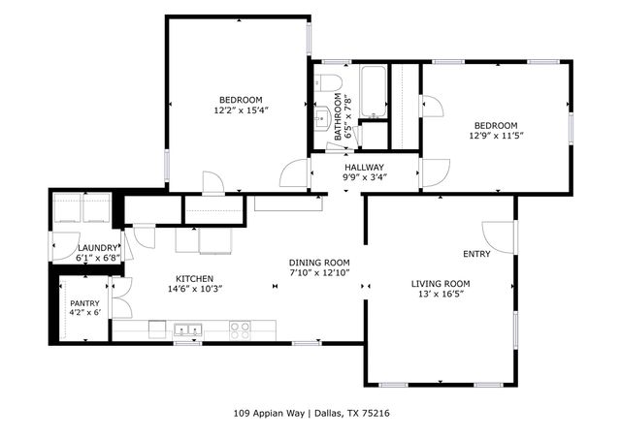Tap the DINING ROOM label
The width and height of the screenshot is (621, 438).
tap(319, 263)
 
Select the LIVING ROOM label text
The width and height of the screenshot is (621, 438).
tap(443, 283)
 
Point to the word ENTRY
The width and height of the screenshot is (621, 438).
tap(476, 254)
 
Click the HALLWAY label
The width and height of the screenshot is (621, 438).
tap(364, 167)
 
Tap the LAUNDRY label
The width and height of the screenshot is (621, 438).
tap(98, 248)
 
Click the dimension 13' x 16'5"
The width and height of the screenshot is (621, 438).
tap(443, 294)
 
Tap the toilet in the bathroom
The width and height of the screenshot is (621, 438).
tap(328, 81)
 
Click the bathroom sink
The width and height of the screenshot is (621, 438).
tap(321, 118)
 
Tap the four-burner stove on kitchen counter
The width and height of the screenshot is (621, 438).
tap(240, 329)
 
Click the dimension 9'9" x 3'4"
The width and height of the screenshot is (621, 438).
tap(364, 177)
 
